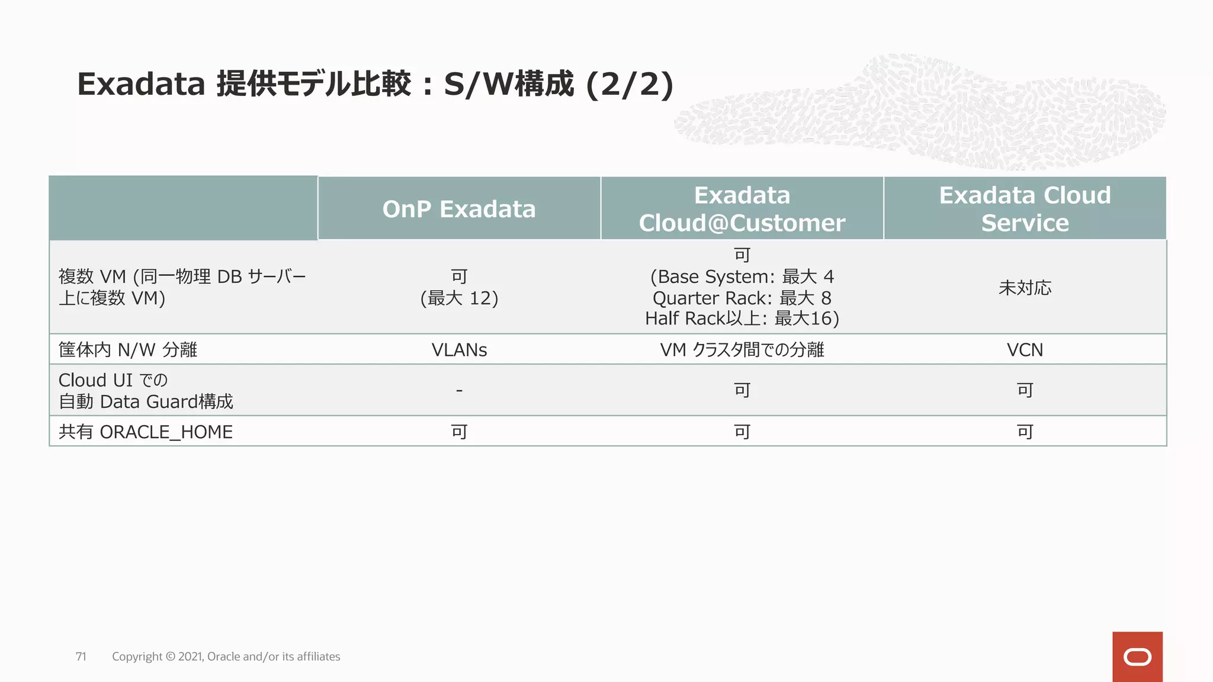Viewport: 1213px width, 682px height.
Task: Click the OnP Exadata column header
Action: coord(459,209)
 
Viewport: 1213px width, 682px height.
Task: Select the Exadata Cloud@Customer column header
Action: coord(742,209)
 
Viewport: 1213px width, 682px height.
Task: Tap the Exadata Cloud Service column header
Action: coord(1025,209)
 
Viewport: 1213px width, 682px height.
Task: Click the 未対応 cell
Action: coord(1025,288)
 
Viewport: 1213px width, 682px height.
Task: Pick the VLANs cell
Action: coord(459,350)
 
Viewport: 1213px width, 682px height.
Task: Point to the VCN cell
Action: coord(1025,350)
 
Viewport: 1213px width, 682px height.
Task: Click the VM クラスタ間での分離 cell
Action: coord(742,350)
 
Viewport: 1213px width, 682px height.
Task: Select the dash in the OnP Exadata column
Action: coord(459,390)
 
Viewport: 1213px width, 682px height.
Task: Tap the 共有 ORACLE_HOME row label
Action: coord(146,432)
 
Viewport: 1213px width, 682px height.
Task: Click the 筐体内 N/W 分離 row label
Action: coord(128,350)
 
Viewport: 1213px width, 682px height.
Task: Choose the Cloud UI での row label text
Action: coord(113,380)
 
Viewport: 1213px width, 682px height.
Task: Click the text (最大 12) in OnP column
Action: coord(459,298)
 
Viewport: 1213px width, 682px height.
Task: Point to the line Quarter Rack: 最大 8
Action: coord(742,298)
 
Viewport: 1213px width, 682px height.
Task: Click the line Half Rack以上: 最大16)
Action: coord(742,319)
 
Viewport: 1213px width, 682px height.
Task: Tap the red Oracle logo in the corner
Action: coord(1137,657)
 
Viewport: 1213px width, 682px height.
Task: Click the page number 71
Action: coord(81,657)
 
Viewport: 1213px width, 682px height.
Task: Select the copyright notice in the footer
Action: coord(226,657)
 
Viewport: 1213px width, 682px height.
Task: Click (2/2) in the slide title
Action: coord(630,84)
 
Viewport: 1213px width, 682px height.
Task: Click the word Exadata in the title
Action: coord(141,84)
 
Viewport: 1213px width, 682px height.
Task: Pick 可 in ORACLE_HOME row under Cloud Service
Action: coord(1025,432)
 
